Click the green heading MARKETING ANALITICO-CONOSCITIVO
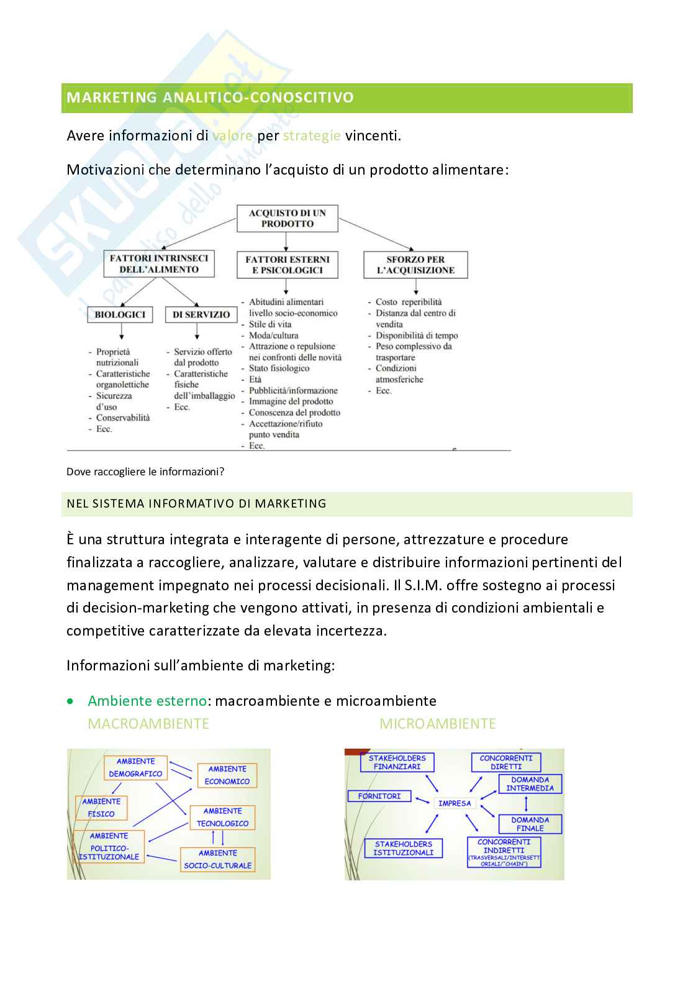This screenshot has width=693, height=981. (210, 98)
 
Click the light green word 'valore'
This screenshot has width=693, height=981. (232, 135)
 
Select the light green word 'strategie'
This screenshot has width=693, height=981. (312, 135)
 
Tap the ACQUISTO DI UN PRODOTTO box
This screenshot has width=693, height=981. (288, 219)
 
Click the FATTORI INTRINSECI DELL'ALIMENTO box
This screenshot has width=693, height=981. (159, 264)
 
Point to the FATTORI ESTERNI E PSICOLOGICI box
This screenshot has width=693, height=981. (288, 265)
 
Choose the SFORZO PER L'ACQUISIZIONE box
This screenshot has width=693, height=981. (415, 265)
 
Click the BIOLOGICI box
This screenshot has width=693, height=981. (120, 314)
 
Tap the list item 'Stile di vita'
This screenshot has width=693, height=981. (270, 324)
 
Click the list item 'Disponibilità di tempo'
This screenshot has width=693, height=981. (417, 335)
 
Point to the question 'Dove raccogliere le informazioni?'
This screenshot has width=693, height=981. (145, 472)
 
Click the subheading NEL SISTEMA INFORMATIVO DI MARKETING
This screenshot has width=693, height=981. (196, 504)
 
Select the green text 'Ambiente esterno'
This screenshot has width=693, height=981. (147, 701)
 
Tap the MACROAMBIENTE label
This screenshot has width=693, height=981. (148, 724)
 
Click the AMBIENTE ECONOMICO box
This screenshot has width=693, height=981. (227, 775)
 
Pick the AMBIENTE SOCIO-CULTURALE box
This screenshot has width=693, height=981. (217, 859)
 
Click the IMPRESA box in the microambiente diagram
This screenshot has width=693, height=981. (455, 803)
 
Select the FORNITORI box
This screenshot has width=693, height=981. (379, 796)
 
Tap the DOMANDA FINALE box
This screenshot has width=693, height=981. (530, 824)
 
